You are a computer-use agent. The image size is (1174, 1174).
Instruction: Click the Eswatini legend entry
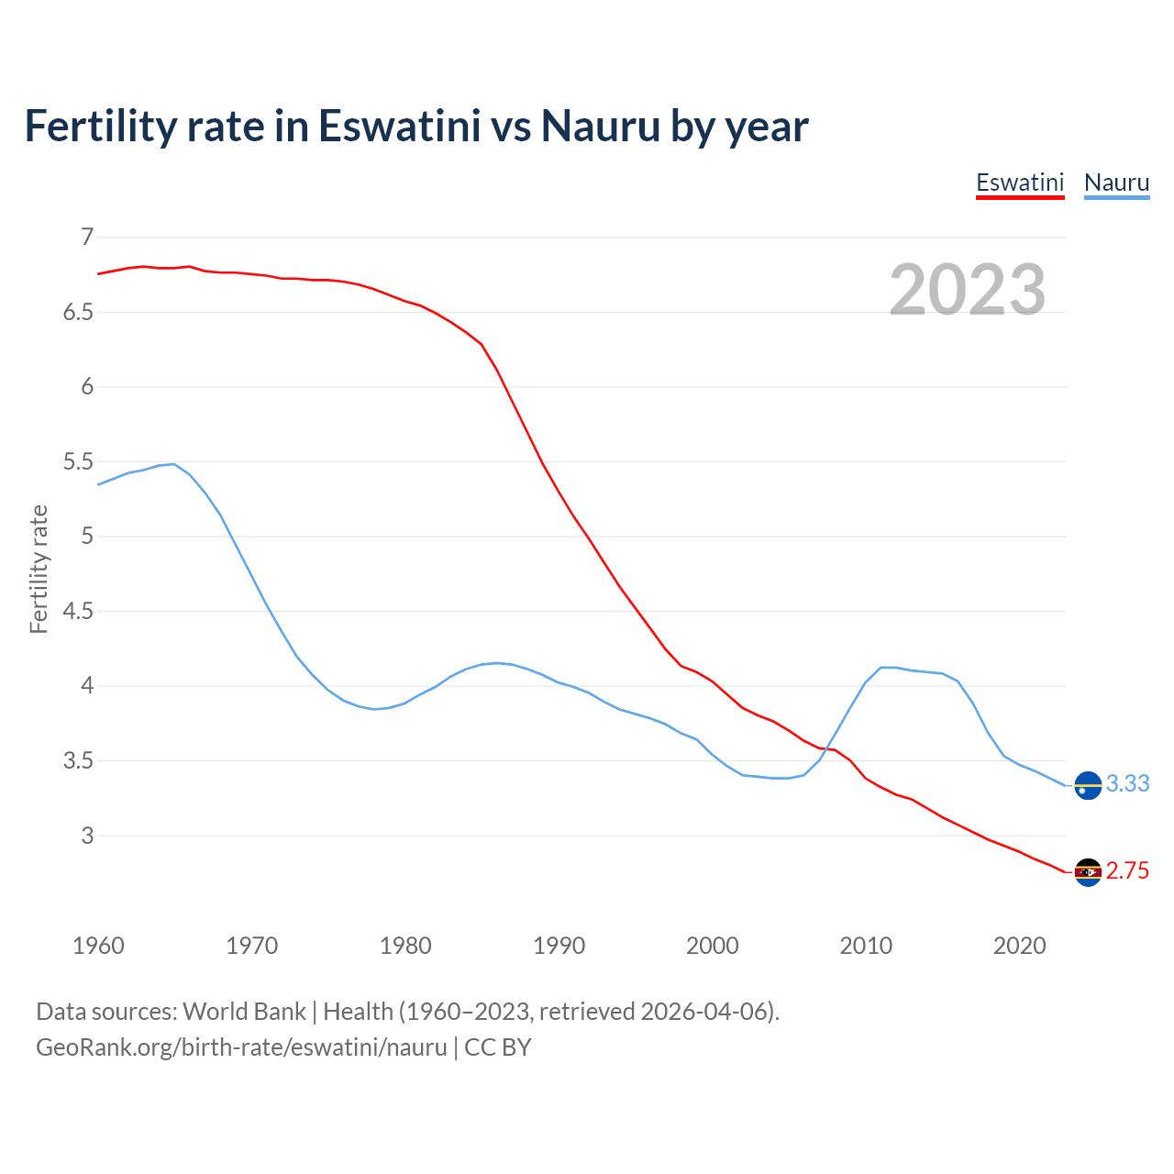(1019, 183)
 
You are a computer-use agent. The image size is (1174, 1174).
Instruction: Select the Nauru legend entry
(1116, 183)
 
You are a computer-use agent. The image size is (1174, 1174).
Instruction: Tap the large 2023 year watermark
(967, 290)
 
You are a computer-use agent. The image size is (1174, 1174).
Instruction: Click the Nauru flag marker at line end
(1088, 786)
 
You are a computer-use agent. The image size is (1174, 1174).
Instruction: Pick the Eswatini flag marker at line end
(1088, 872)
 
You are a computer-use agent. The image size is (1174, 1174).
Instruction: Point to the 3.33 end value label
(1127, 784)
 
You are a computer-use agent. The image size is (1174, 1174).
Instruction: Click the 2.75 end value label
(1127, 871)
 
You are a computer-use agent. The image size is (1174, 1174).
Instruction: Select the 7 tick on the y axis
(87, 238)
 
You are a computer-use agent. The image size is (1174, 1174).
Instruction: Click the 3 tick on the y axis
(87, 836)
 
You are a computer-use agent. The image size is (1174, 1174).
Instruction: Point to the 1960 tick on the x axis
(98, 946)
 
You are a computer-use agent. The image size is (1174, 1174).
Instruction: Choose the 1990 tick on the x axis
(559, 946)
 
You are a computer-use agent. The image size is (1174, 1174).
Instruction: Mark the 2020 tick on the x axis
(1019, 946)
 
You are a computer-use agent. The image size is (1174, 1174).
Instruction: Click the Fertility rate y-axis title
(39, 569)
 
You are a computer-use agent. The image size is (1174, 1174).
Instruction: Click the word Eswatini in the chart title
(399, 127)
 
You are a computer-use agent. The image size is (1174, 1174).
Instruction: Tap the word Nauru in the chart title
(600, 127)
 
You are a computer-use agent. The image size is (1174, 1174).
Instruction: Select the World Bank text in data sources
(244, 1012)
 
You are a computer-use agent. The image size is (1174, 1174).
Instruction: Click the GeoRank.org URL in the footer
(241, 1047)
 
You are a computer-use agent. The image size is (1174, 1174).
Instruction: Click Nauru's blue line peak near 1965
(173, 464)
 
